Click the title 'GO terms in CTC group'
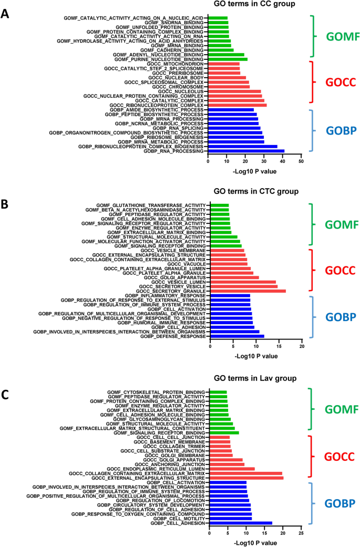(x=260, y=191)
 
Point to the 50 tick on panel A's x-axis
(x=301, y=162)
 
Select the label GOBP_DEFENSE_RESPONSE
(x=173, y=336)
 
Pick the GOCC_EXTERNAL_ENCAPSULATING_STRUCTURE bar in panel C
(x=246, y=478)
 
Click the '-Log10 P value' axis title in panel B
(x=256, y=356)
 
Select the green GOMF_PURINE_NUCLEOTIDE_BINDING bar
(x=228, y=59)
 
